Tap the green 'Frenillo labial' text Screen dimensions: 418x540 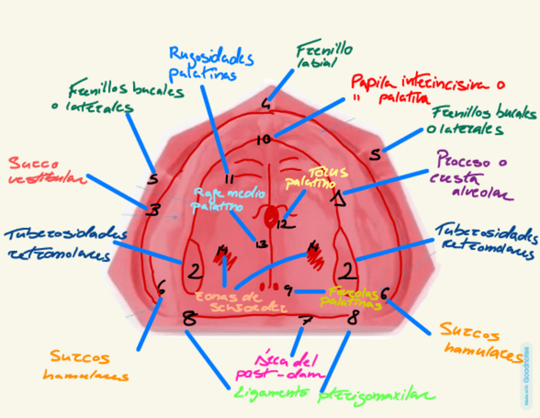click(325, 55)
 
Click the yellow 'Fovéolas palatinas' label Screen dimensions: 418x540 click(350, 297)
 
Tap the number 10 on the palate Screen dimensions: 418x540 click(263, 140)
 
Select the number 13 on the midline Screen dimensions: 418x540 click(260, 243)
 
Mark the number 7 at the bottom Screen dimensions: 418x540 click(306, 321)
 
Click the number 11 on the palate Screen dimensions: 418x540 click(230, 178)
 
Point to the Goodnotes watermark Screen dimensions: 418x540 click(527, 377)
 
